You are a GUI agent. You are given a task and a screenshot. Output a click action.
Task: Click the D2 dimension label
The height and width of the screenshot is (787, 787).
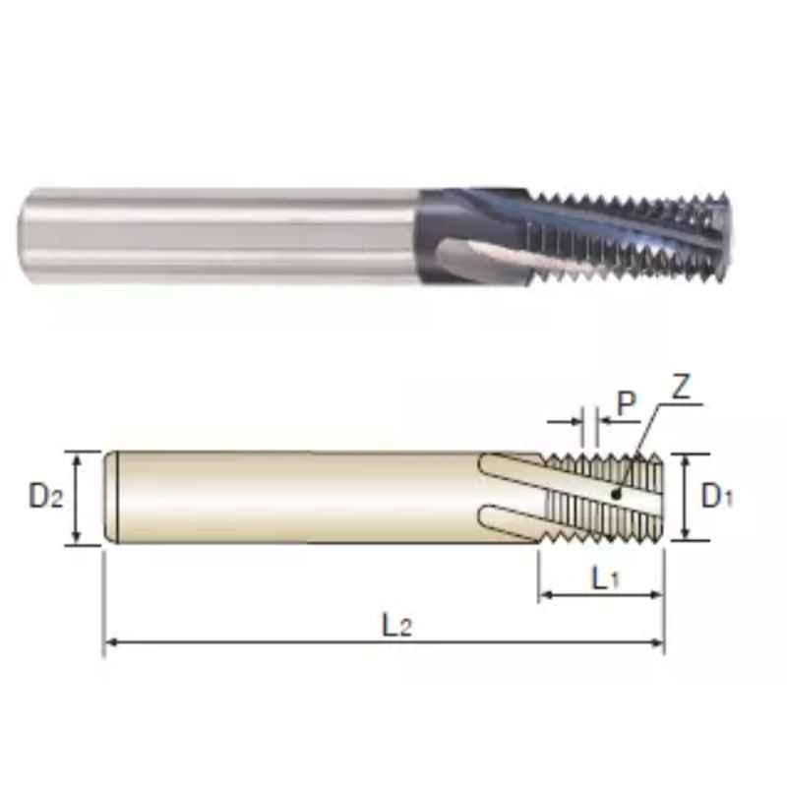point(46,497)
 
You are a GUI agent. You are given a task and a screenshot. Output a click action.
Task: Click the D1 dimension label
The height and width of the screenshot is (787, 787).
point(717,497)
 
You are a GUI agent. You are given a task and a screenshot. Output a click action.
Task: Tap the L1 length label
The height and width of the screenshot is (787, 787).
point(606,578)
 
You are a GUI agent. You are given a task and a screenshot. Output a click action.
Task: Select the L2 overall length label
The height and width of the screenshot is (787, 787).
point(397,626)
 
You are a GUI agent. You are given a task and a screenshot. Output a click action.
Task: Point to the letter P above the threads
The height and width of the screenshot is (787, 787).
point(626,403)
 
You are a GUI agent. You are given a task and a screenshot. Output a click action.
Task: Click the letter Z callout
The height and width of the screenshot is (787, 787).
point(682,386)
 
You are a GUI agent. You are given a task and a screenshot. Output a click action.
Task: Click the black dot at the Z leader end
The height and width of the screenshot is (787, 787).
point(616,495)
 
